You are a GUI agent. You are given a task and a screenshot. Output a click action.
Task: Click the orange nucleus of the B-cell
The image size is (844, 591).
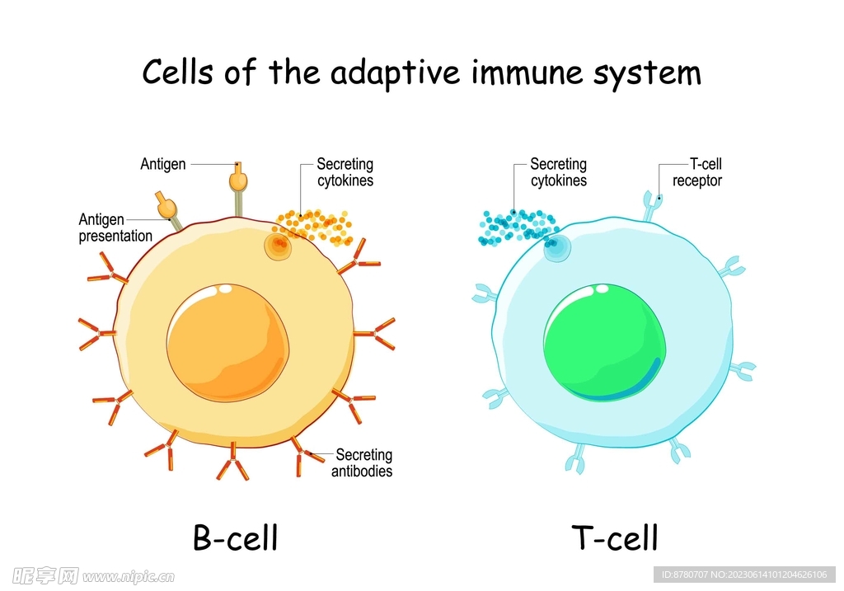tap(227, 341)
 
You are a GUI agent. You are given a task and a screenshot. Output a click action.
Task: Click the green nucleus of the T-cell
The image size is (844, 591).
tap(604, 342)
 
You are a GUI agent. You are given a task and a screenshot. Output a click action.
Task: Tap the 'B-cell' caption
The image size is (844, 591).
tap(236, 537)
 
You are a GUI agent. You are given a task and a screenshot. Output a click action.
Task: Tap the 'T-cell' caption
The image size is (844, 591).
tap(615, 538)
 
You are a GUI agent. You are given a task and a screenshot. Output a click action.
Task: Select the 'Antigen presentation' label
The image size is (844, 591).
tap(115, 227)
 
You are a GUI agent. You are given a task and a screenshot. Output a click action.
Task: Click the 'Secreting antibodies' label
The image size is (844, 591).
tap(362, 463)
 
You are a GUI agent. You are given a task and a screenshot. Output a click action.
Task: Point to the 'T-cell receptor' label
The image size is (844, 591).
tap(696, 172)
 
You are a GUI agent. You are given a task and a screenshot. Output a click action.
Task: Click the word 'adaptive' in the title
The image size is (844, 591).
tap(396, 73)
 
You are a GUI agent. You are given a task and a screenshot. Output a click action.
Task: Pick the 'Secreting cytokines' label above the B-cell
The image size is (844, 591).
tap(345, 172)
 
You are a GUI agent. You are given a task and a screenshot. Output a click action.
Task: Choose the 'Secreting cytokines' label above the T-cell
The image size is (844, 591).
tap(558, 172)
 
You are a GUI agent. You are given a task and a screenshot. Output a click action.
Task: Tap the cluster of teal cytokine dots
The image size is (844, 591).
tap(518, 226)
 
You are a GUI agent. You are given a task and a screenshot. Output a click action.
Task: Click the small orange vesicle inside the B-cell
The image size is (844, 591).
tap(278, 245)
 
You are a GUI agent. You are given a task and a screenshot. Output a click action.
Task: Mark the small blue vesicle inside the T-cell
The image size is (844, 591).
tap(557, 247)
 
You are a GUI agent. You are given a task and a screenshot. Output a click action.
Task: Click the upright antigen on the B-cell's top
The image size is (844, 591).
tap(238, 179)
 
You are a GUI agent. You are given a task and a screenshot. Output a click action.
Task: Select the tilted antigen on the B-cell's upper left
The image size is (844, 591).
tap(165, 204)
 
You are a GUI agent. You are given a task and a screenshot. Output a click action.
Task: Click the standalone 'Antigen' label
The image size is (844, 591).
tap(163, 164)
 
